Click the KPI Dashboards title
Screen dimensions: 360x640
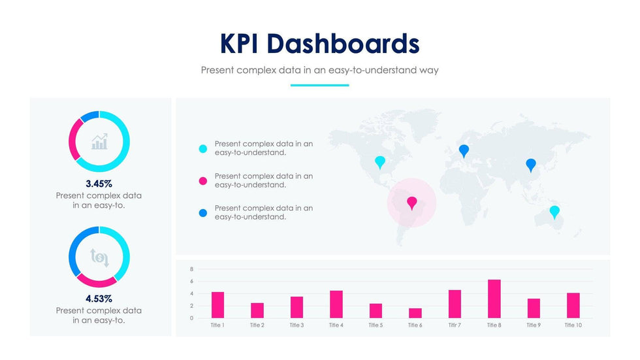319,44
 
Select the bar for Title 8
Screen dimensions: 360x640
494,299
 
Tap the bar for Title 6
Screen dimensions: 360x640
415,313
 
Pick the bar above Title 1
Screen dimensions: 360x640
217,304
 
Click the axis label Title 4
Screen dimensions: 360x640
336,325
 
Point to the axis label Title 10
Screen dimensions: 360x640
573,325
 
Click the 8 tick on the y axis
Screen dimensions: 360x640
191,269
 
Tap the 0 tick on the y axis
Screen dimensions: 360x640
191,318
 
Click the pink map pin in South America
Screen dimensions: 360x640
411,203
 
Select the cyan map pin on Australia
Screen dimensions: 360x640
554,211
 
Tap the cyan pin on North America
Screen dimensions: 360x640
380,161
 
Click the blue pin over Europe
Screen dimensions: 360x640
464,150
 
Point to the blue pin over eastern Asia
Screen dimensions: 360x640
531,165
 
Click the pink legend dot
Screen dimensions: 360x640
203,181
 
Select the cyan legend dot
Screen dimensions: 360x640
203,149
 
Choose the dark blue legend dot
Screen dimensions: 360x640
203,213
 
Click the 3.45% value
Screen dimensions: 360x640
99,184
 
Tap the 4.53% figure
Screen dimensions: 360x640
99,299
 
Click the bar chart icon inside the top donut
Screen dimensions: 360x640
99,141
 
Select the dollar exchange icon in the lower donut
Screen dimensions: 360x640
99,257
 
